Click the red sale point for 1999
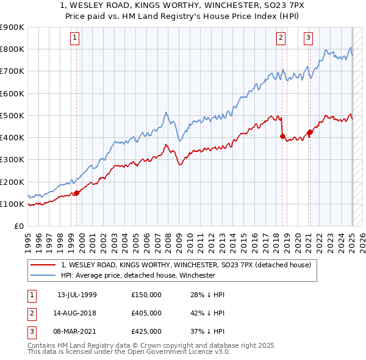coord(77,193)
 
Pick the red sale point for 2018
coord(282,137)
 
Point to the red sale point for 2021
coord(310,132)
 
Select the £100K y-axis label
coord(12,204)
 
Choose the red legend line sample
coord(43,265)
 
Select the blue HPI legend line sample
coord(43,275)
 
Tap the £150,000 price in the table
coord(146,295)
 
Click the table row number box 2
coord(30,313)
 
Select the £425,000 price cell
coord(146,331)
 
